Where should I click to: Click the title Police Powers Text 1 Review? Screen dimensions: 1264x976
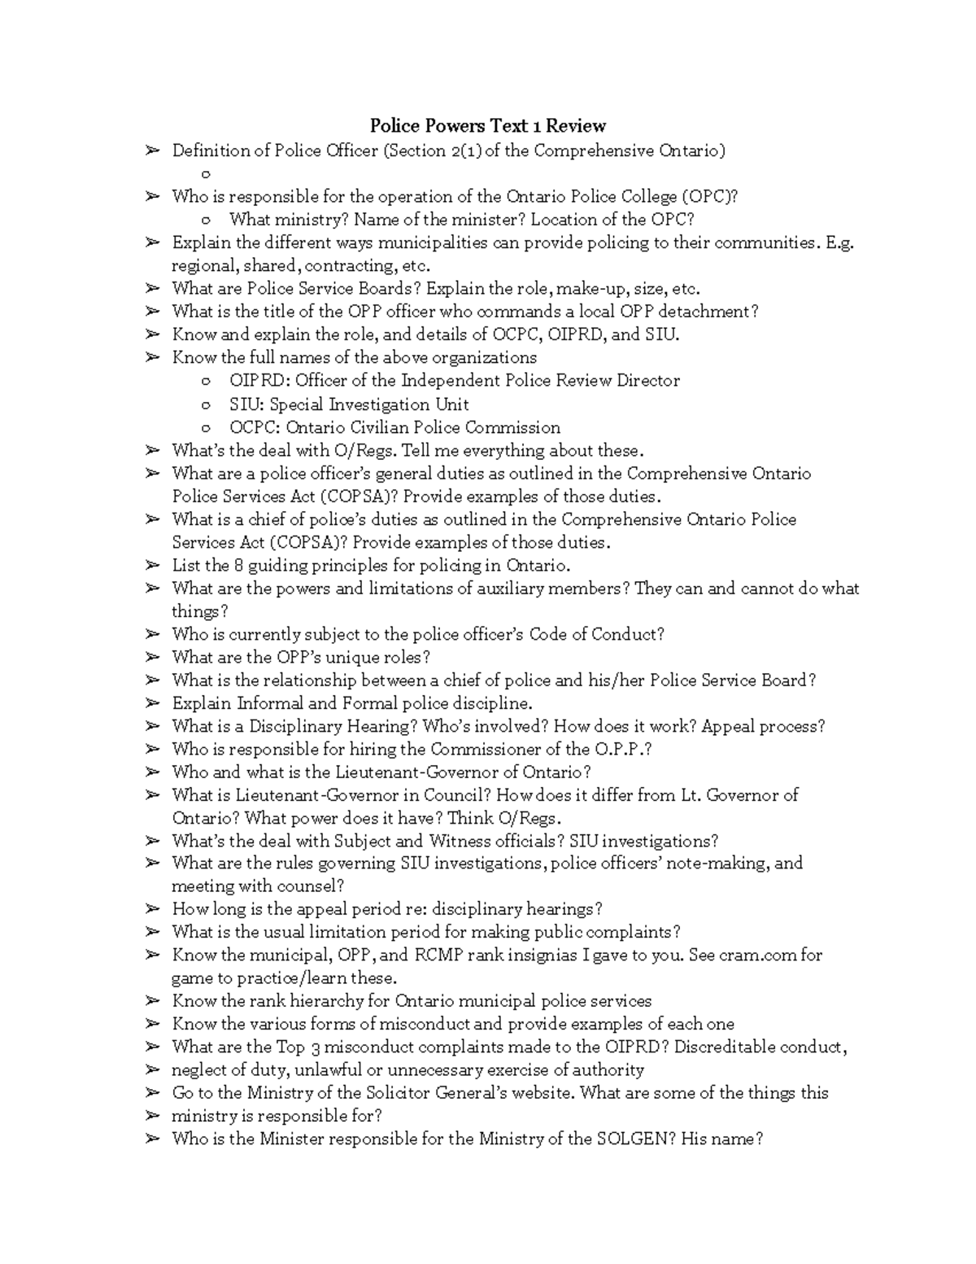(488, 125)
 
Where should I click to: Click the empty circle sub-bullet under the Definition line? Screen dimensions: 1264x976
(206, 174)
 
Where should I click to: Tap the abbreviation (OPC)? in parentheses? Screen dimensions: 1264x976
(710, 196)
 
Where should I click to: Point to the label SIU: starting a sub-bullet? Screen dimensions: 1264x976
(246, 404)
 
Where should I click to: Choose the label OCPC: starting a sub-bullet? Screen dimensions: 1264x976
(255, 427)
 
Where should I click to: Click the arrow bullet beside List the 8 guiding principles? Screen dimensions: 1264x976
(151, 565)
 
